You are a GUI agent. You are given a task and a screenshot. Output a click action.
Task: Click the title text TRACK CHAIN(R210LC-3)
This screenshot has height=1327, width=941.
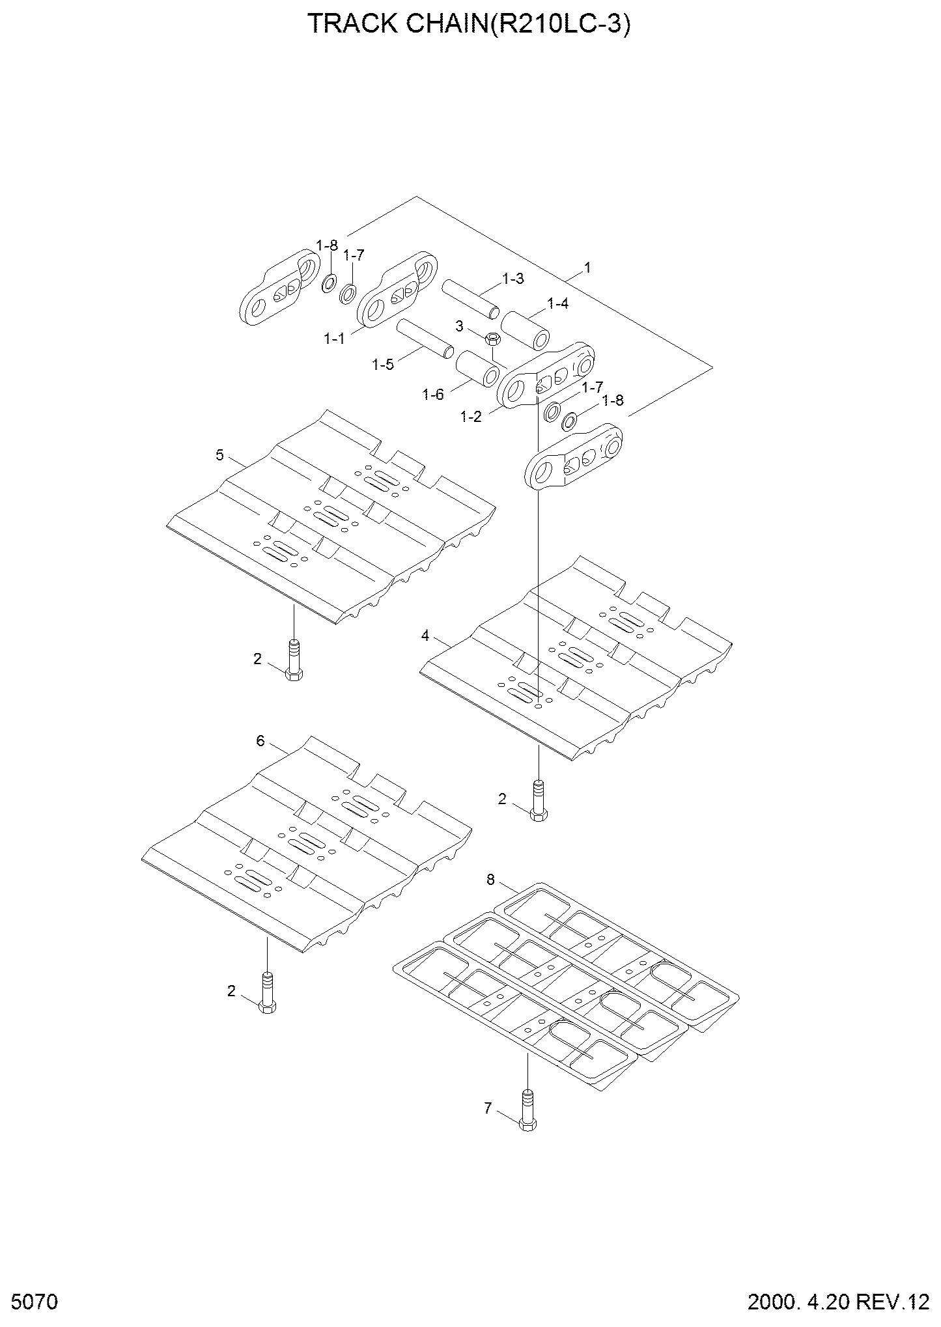click(469, 24)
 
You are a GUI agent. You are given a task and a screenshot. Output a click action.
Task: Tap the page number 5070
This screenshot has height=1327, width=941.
click(35, 1302)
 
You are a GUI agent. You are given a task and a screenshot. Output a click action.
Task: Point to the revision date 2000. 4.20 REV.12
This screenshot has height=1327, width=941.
click(839, 1302)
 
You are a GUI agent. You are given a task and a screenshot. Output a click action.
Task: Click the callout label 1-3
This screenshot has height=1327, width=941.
click(513, 279)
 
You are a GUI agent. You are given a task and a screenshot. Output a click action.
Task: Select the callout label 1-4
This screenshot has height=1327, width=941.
click(557, 303)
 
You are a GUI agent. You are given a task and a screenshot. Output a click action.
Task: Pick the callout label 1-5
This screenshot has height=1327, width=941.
click(383, 365)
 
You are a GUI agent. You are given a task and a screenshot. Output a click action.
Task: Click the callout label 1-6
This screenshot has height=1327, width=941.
click(433, 394)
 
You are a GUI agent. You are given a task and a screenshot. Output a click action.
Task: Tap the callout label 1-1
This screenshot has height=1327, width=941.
click(334, 339)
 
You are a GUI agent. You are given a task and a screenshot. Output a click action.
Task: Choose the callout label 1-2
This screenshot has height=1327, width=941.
click(471, 417)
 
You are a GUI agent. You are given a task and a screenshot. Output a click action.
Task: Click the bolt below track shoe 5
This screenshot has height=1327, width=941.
click(294, 661)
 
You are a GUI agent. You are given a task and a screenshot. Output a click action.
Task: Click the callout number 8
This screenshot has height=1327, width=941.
click(490, 880)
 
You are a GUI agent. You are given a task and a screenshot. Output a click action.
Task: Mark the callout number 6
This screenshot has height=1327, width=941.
click(260, 741)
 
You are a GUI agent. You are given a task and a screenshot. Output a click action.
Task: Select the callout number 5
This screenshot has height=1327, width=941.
click(219, 455)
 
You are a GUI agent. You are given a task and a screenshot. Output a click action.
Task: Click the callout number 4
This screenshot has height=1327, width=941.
click(425, 636)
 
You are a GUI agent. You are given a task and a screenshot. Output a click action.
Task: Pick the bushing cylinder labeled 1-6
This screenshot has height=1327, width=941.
click(477, 369)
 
